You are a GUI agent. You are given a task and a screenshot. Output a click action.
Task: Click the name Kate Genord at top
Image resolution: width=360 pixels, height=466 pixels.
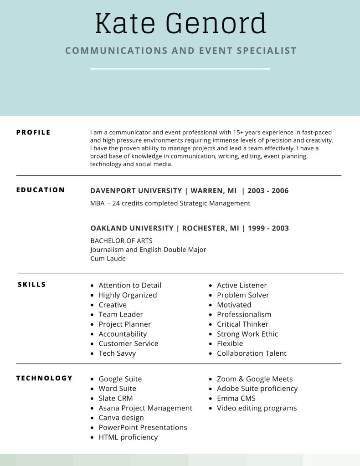180,24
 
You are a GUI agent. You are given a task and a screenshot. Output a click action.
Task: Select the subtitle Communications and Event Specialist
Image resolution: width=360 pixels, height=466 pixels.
181,51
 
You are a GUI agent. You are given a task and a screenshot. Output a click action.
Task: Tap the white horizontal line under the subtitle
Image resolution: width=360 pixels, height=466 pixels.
180,69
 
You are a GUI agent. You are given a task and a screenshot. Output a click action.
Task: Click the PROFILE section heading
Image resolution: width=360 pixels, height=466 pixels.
33,133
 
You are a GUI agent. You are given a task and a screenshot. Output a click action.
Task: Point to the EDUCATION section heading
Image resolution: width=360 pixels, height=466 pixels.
41,190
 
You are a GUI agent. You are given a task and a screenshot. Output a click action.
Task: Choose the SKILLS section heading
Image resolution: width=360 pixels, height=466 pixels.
32,285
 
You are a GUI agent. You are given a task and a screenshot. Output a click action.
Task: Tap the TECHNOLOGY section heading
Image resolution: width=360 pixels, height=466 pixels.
45,378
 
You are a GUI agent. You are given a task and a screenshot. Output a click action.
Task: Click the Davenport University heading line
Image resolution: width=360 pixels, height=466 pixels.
189,191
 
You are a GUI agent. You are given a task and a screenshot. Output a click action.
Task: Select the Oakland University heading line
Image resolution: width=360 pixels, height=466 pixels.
189,228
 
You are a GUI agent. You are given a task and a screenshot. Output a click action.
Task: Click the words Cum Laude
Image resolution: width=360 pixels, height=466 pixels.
108,258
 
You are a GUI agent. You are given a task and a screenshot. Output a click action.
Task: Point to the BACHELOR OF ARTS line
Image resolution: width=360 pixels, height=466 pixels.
121,241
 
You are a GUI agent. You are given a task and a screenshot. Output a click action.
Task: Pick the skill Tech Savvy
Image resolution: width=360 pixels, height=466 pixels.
117,353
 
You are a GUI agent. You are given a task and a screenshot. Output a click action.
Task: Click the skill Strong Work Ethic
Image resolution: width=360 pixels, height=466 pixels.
247,334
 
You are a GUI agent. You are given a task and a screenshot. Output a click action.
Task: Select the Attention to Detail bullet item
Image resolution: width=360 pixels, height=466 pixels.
130,286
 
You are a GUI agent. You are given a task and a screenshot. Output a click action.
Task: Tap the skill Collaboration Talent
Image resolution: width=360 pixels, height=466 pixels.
252,353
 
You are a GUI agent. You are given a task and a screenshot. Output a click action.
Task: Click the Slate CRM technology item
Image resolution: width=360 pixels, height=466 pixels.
116,399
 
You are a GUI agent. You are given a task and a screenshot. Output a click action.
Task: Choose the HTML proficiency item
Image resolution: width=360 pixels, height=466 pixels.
128,437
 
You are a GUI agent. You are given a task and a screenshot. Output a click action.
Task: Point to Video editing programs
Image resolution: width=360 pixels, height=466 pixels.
257,408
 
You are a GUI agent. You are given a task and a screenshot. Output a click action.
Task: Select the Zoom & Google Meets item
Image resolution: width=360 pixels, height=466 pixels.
255,379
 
